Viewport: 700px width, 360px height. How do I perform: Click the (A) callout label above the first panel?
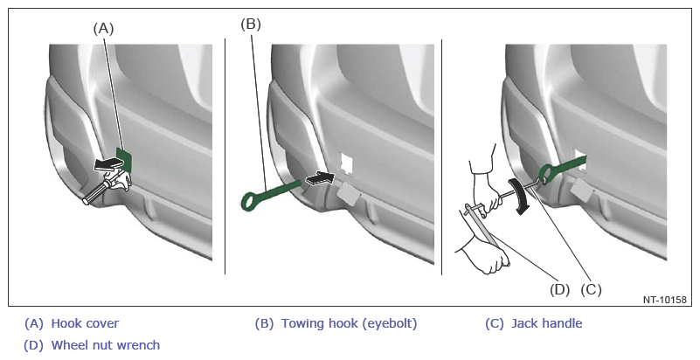point(103,29)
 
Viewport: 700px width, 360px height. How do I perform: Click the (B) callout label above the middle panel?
point(251,24)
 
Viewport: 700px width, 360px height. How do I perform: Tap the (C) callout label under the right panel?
point(591,289)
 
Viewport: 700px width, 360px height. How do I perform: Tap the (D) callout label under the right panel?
point(560,289)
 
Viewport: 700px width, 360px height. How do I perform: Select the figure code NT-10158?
point(665,300)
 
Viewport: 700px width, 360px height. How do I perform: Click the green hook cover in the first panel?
point(124,159)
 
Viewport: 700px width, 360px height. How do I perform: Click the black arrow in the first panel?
point(107,164)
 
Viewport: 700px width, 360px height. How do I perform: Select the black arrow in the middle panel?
point(320,178)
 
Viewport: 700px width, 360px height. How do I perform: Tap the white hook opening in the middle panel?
point(346,163)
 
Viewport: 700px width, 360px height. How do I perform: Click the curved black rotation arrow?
point(520,196)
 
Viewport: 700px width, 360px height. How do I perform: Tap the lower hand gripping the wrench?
point(487,255)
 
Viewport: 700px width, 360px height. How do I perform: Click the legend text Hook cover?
point(85,323)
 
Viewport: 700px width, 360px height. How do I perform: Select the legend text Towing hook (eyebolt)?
point(349,323)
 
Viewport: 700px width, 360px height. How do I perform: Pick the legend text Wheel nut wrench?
point(106,345)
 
